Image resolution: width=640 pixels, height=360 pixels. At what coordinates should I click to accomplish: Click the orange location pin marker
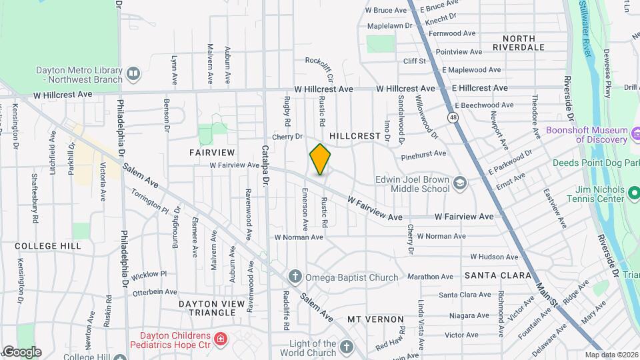pos(320,160)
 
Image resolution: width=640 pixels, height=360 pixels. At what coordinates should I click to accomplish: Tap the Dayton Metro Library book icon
pos(133,73)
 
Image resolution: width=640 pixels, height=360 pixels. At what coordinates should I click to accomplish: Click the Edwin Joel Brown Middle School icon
pos(460,183)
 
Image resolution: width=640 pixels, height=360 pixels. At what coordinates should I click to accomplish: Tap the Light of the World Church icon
pos(345,347)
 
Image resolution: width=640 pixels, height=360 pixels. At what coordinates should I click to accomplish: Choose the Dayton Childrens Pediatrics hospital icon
pos(220,339)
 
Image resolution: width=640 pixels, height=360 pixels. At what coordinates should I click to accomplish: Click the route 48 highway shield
pos(453,117)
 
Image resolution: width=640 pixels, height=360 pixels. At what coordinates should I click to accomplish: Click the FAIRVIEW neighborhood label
pos(209,152)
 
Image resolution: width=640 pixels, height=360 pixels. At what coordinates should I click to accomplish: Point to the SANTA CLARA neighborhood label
pos(498,275)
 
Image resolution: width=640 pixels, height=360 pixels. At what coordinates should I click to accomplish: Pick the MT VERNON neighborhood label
pos(375,319)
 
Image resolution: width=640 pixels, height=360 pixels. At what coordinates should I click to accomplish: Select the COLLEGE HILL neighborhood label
pos(48,245)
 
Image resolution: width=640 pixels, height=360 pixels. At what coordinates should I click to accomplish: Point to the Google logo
pos(22,352)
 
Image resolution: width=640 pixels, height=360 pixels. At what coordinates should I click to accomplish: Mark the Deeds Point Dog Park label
pos(595,163)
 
